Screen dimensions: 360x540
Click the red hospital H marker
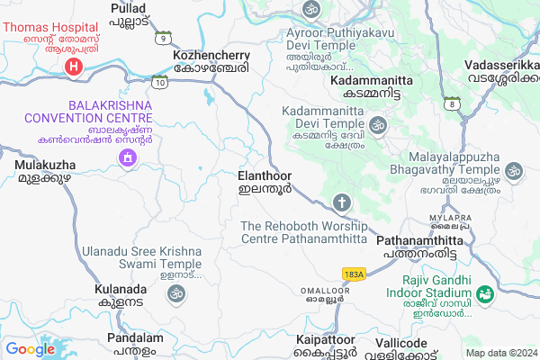click(76, 66)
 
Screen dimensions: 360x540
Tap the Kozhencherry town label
click(211, 61)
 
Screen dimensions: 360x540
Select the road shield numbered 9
click(163, 38)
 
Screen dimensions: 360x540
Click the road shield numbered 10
click(159, 83)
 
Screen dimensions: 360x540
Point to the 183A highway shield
click(354, 273)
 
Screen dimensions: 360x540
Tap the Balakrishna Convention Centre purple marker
click(127, 158)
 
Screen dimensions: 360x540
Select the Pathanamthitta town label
click(419, 247)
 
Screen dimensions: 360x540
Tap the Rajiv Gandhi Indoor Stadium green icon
click(485, 293)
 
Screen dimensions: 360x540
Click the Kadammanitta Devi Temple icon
click(378, 124)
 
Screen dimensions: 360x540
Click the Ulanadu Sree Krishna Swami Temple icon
click(175, 292)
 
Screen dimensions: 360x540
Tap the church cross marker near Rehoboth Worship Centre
click(341, 202)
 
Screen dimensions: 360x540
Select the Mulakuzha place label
click(42, 172)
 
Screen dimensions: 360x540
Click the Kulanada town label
click(119, 296)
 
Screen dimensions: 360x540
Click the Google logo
click(31, 348)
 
